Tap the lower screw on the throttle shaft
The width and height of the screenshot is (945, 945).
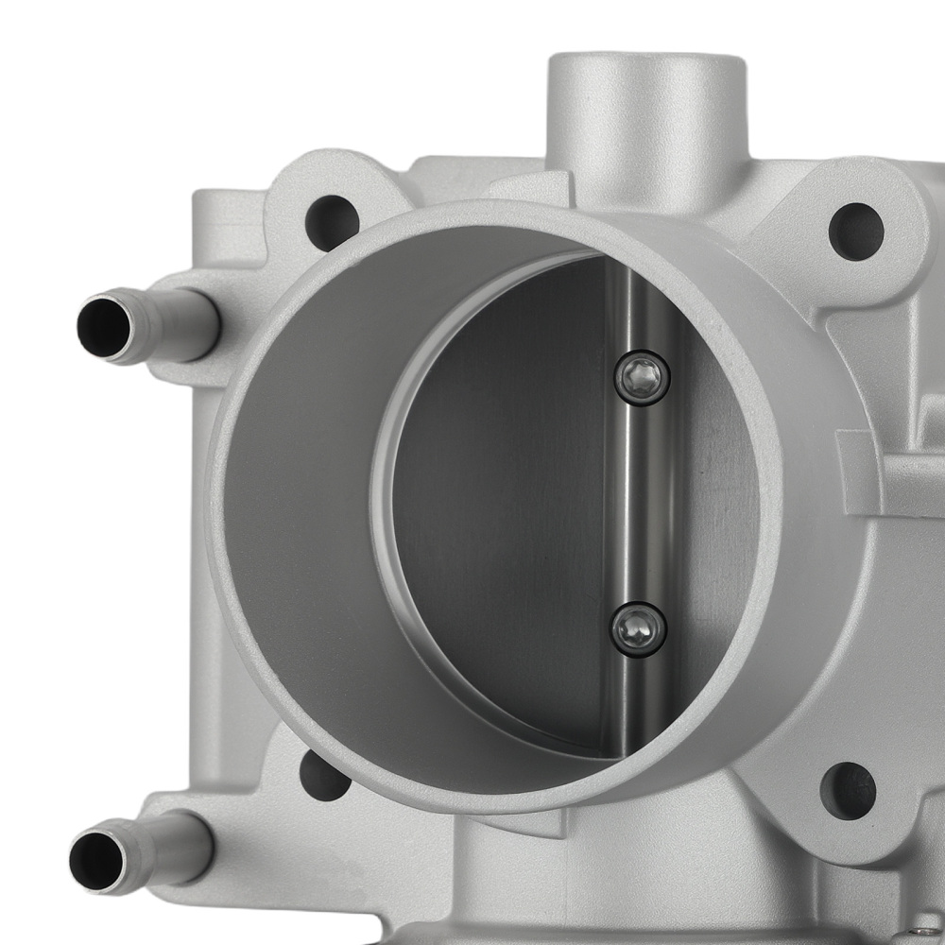click(639, 628)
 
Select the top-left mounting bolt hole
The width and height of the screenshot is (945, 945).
click(332, 222)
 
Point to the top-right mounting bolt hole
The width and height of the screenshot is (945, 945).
click(856, 231)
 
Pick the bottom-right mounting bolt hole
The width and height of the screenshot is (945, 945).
click(848, 791)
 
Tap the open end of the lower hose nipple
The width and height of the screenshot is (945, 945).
click(96, 861)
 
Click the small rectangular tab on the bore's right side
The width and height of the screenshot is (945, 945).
click(860, 472)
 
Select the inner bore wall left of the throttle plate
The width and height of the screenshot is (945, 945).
click(302, 491)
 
